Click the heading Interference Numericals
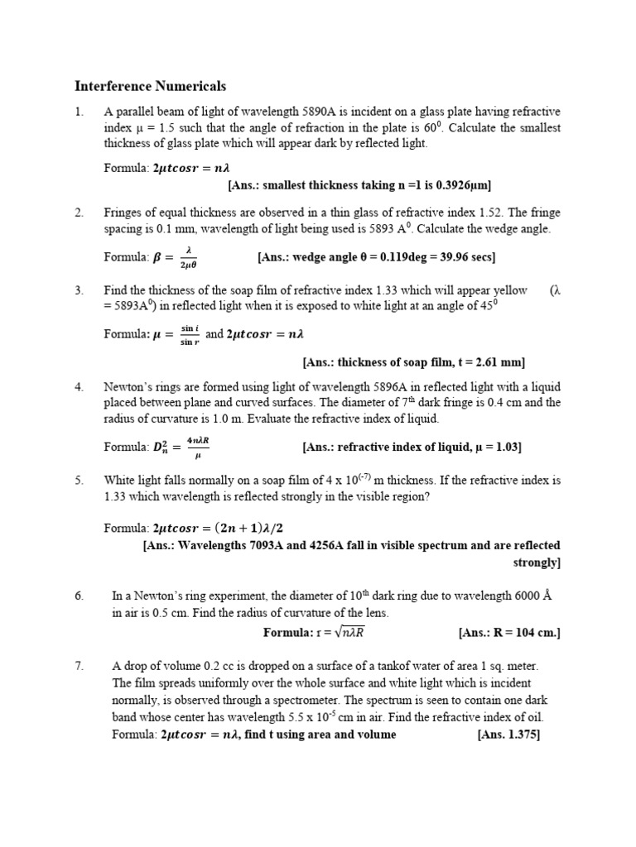[x=150, y=86]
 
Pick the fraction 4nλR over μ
[x=197, y=447]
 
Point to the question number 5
[x=79, y=480]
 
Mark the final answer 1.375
[x=522, y=735]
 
